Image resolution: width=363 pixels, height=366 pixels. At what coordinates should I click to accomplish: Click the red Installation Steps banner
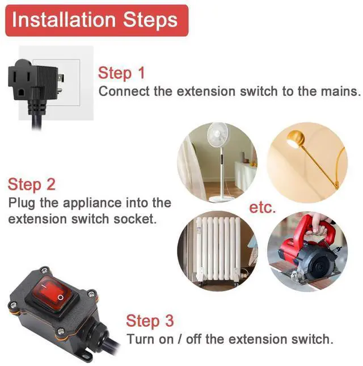tap(96, 20)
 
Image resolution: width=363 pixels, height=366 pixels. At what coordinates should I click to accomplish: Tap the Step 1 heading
tap(121, 73)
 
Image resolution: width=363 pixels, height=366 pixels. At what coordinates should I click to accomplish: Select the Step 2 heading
tap(32, 184)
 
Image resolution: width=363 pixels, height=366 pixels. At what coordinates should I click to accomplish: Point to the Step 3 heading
tap(150, 321)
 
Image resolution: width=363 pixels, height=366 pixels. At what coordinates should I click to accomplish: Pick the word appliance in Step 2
tap(92, 203)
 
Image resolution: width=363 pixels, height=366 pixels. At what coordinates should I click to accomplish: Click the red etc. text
tap(263, 207)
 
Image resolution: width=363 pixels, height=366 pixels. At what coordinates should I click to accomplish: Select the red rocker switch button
tap(50, 293)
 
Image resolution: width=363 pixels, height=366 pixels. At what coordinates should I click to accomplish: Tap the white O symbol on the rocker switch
tap(60, 297)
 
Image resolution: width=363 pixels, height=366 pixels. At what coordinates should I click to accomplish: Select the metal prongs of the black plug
tap(61, 84)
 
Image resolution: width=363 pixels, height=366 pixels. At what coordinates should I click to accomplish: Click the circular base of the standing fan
tap(221, 199)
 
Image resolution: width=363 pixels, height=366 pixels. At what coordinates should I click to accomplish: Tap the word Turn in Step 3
tap(141, 339)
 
